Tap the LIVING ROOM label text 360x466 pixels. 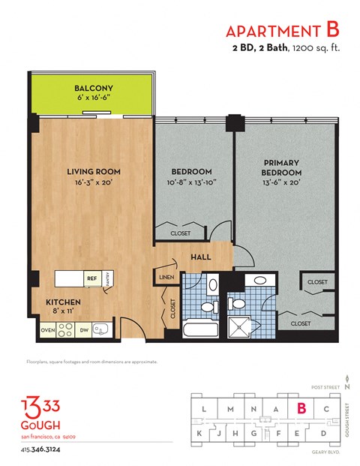point(93,172)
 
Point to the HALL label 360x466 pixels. point(201,257)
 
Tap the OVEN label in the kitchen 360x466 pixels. point(47,329)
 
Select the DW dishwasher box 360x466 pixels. point(84,329)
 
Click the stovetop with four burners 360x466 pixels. point(65,329)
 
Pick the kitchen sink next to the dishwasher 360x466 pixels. point(103,329)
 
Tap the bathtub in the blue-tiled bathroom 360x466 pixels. point(201,329)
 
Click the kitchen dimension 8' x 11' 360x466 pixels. point(64,312)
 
